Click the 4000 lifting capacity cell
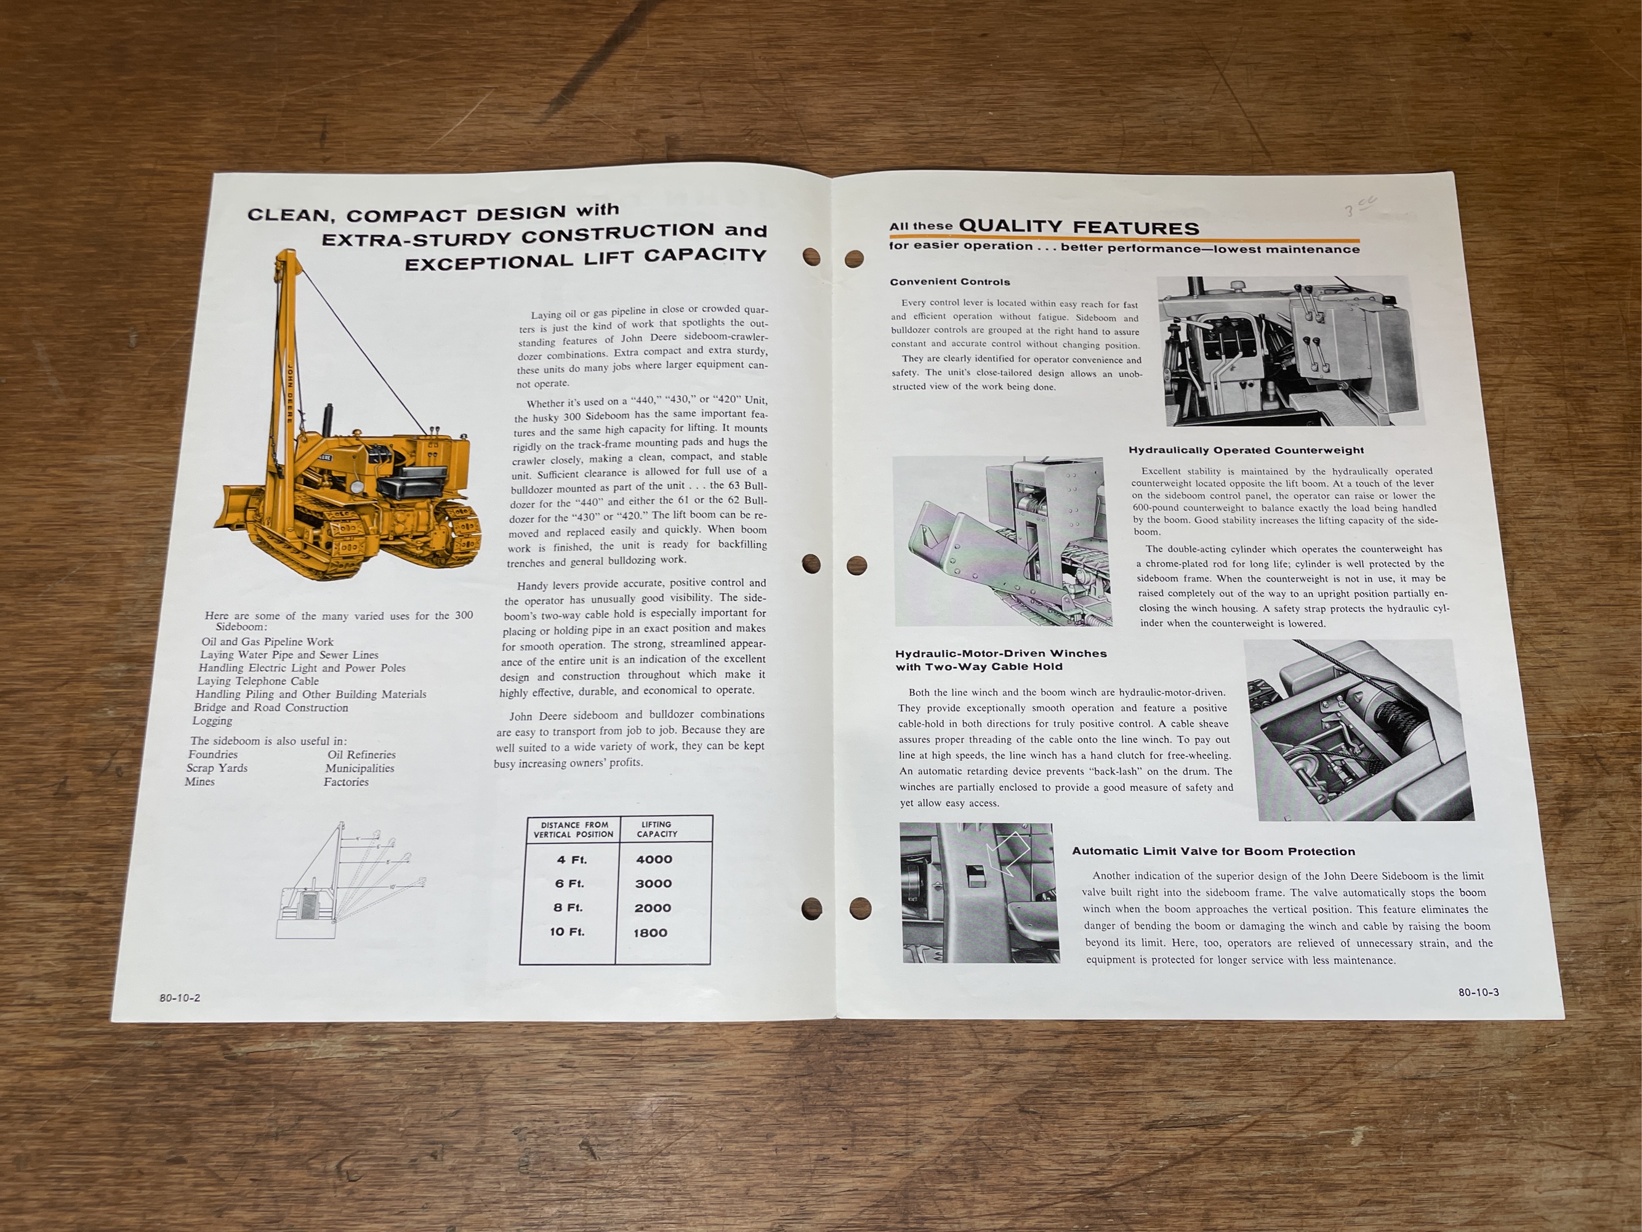tap(654, 859)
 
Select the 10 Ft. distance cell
tap(567, 931)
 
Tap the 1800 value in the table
tap(650, 933)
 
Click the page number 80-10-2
tap(180, 997)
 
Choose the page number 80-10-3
tap(1479, 992)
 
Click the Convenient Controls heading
tap(950, 282)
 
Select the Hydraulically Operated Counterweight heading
tap(1246, 450)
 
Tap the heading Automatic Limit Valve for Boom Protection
tap(1213, 851)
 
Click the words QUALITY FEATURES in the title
tap(1079, 227)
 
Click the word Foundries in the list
tap(213, 755)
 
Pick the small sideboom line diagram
tap(350, 880)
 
